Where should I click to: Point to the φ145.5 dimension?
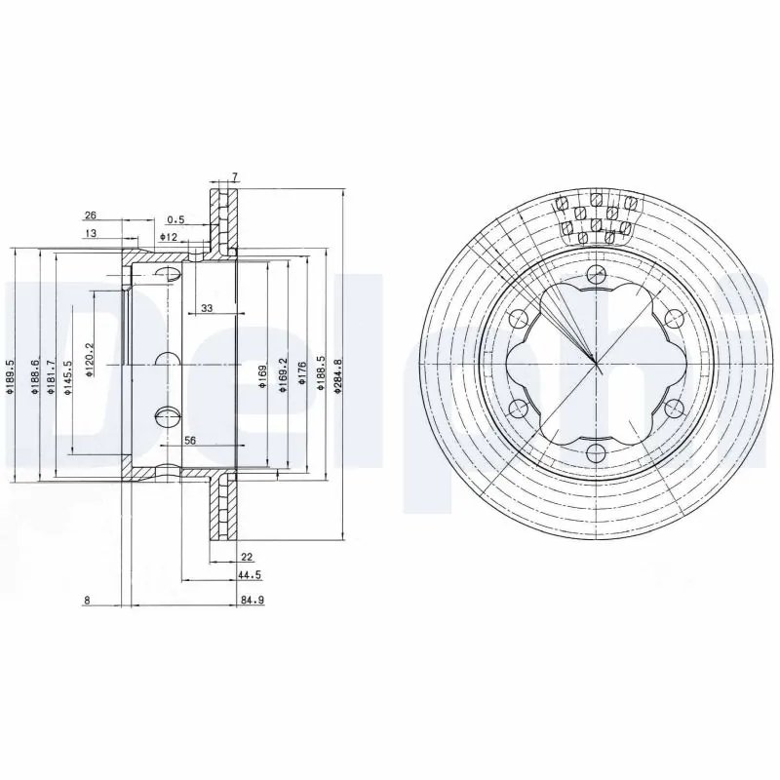68,376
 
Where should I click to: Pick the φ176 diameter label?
303,374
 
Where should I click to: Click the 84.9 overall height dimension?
253,601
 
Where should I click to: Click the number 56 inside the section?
190,441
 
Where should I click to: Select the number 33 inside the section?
206,308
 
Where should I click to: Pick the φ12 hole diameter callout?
169,237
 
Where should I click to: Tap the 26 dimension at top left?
90,214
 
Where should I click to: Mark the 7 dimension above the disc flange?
234,176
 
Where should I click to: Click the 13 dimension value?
90,234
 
